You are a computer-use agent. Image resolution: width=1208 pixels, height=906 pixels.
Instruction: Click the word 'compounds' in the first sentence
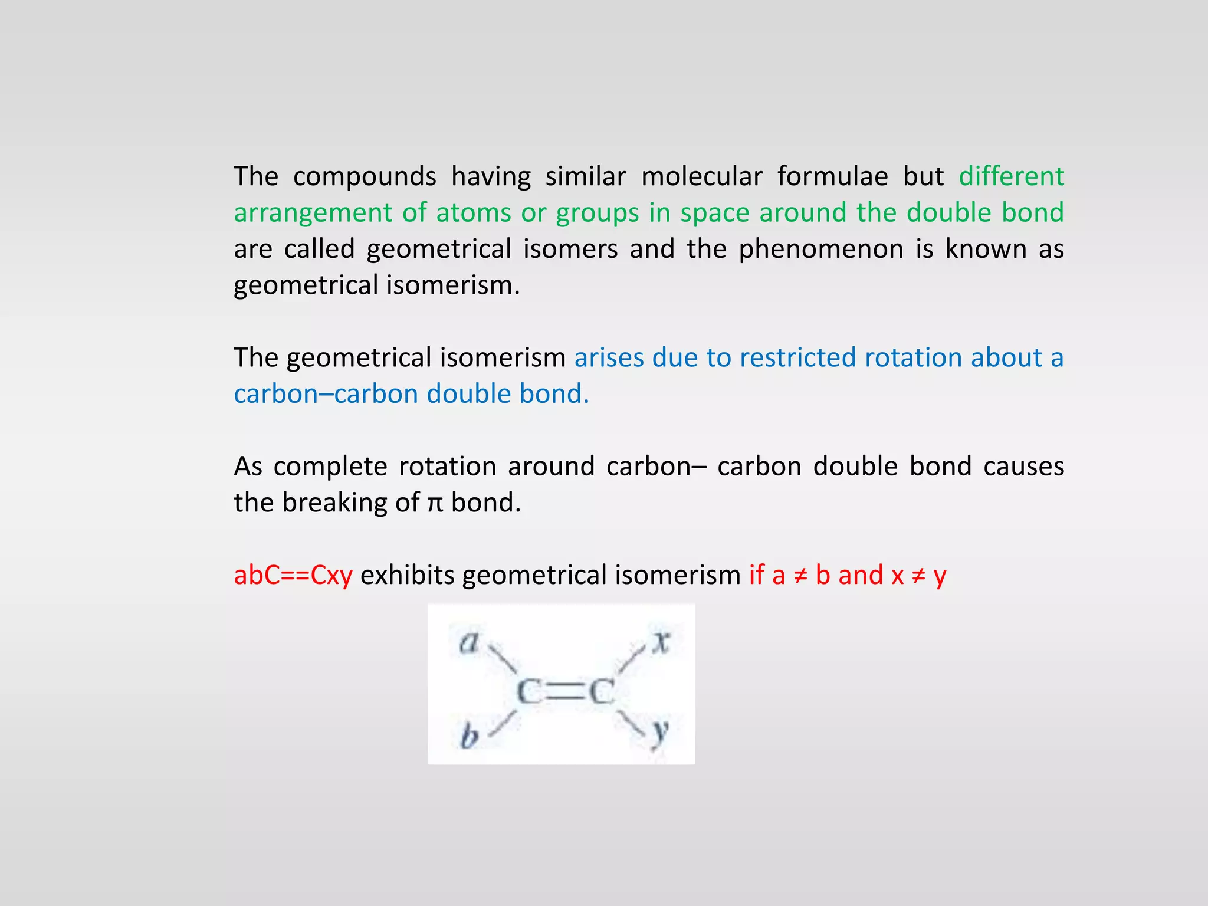tap(365, 177)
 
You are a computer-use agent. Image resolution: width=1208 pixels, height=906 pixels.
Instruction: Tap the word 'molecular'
tap(701, 177)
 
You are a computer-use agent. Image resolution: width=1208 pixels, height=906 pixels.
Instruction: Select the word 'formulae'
tap(832, 177)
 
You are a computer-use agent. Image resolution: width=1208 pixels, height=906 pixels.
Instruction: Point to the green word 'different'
tap(1011, 177)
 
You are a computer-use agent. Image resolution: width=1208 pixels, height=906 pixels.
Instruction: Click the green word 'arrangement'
tap(313, 214)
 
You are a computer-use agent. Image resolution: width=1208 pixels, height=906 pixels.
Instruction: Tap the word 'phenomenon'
tap(821, 250)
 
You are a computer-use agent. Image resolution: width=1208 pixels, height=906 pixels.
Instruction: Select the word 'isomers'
tap(570, 250)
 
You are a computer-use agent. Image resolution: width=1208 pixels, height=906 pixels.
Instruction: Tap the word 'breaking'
tap(334, 503)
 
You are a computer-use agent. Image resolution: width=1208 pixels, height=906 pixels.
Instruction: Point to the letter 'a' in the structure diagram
tap(469, 642)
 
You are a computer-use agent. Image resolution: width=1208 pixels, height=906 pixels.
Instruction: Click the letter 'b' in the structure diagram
tap(470, 736)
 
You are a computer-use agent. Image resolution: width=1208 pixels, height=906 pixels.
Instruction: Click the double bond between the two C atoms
tap(565, 691)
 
